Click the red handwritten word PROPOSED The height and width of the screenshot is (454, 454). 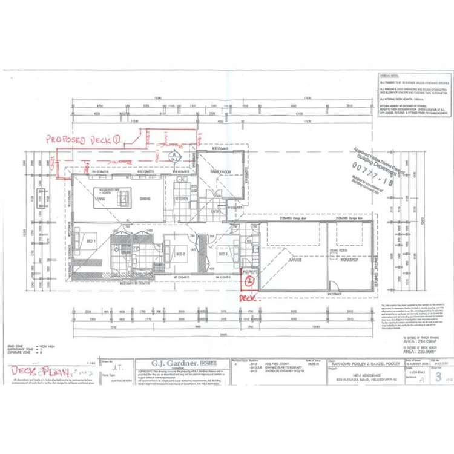[x=65, y=140]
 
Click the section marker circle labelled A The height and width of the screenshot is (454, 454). [x=173, y=155]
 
